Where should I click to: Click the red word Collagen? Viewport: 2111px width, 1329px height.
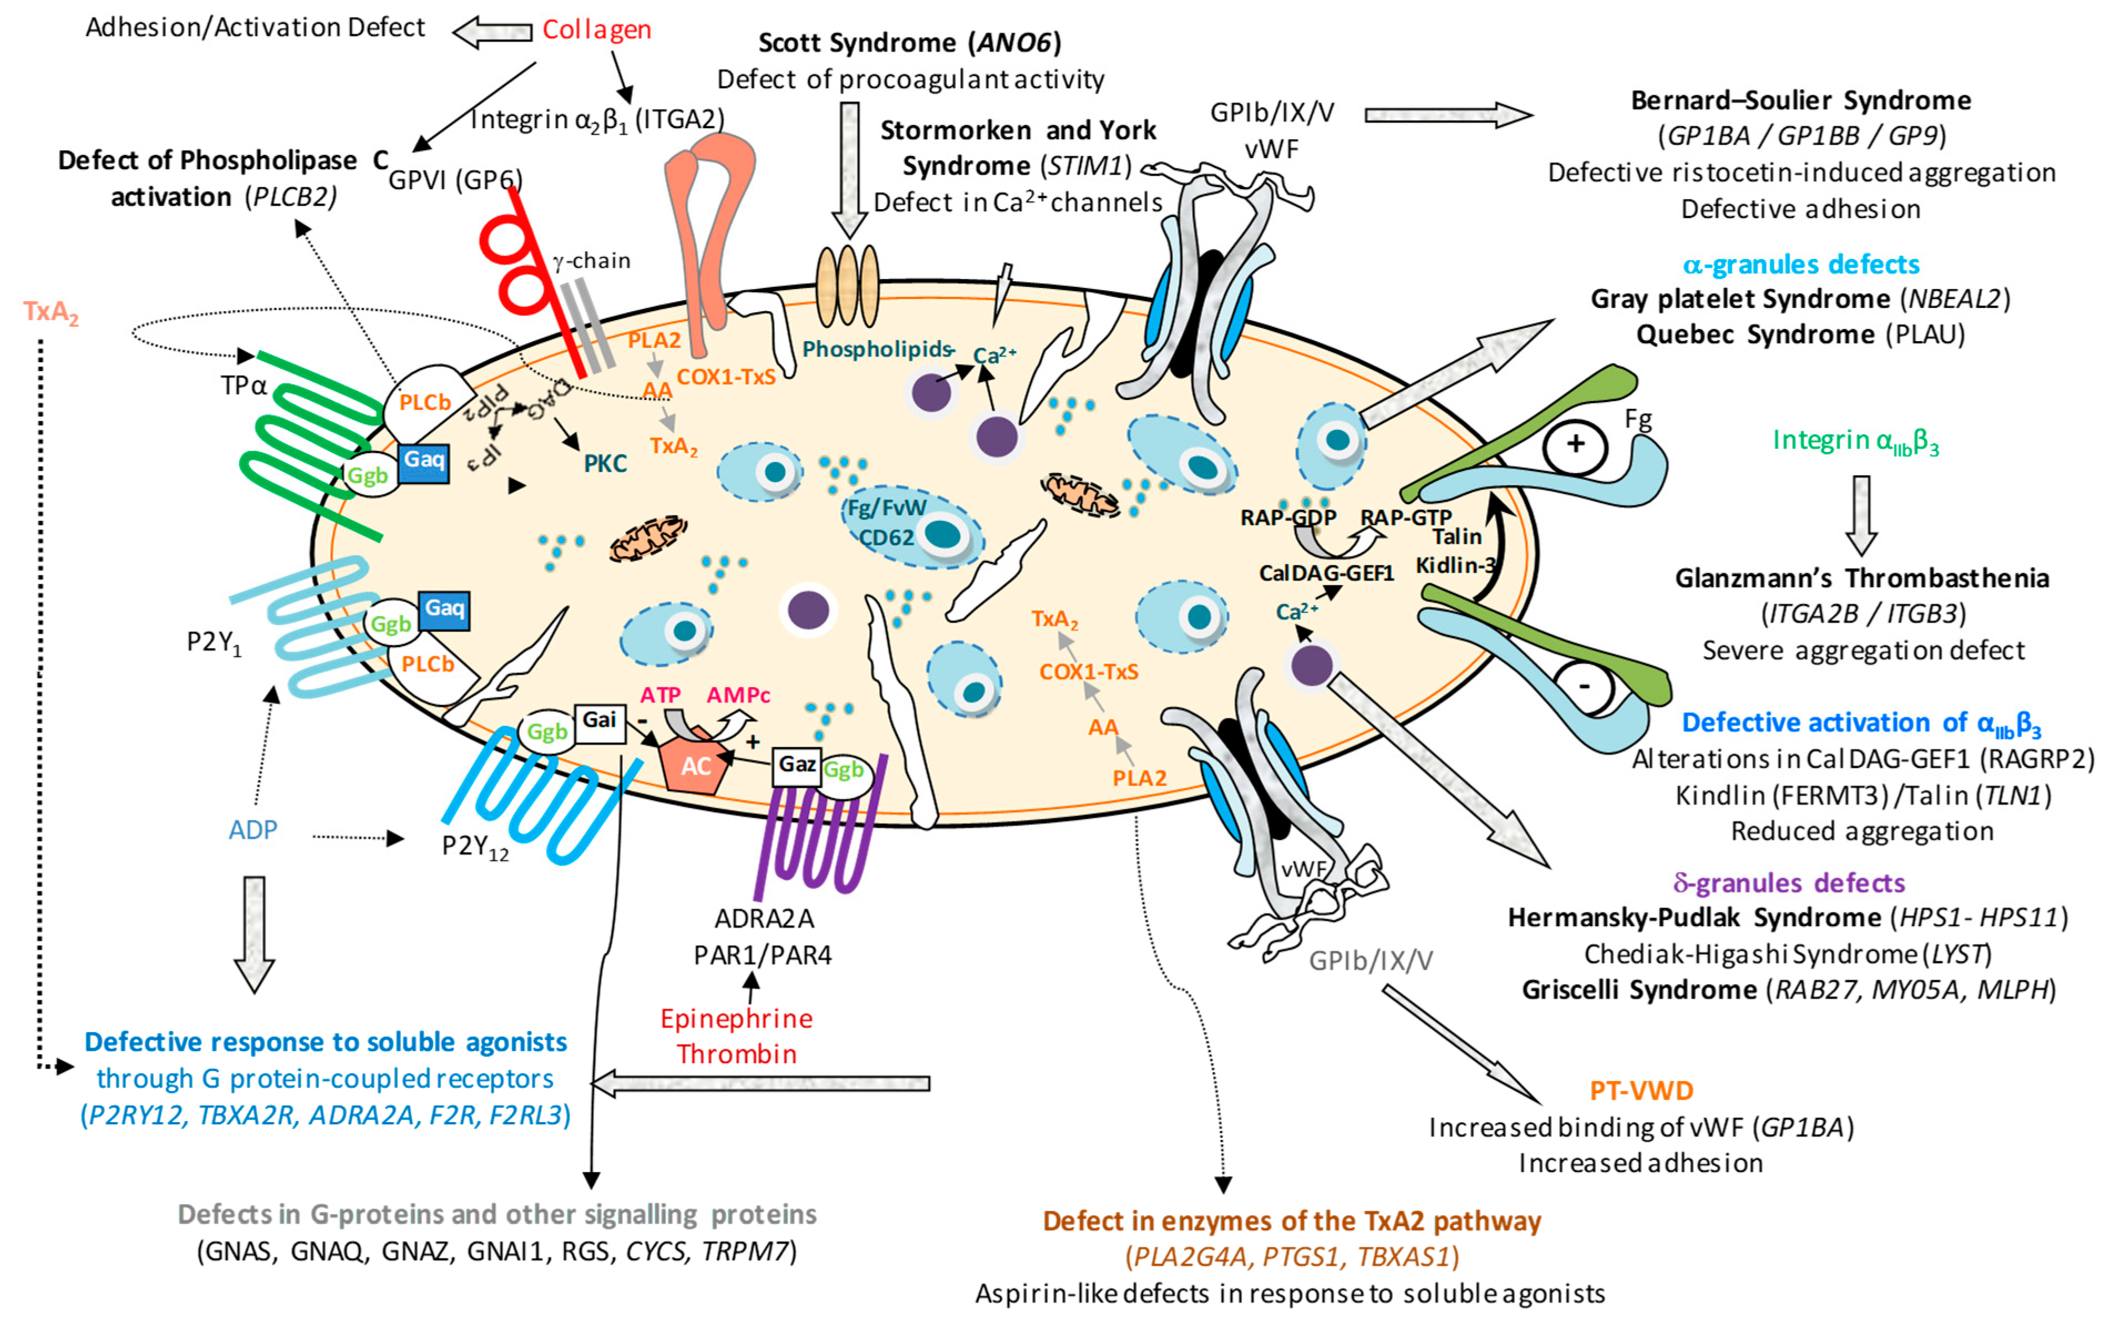click(596, 30)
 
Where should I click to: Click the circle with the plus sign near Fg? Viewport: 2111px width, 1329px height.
click(1575, 444)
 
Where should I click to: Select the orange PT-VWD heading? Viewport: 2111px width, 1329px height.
click(1641, 1090)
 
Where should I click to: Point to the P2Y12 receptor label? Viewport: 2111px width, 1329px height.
click(474, 847)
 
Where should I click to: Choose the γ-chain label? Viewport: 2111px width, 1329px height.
click(592, 260)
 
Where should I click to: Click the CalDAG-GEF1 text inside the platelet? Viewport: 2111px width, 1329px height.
click(1326, 574)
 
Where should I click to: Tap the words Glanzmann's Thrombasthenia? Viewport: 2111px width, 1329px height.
click(1862, 579)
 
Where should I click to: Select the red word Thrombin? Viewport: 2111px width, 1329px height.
click(737, 1054)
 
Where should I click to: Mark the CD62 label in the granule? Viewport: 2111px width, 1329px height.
click(885, 537)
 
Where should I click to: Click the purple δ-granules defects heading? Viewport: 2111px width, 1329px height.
click(1788, 883)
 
